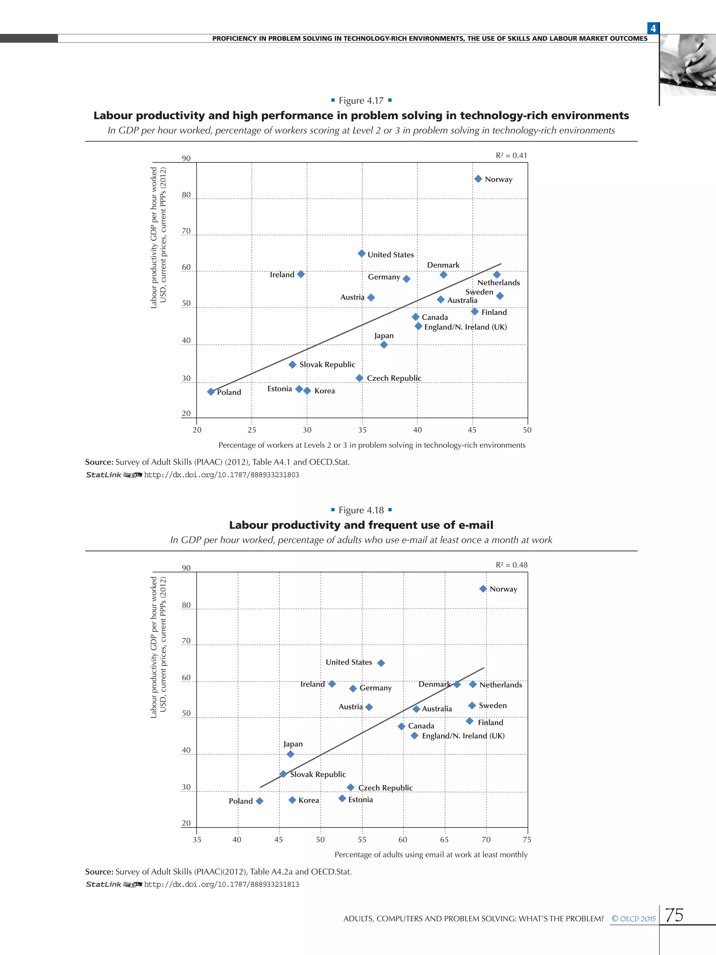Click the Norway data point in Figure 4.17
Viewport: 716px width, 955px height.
[478, 179]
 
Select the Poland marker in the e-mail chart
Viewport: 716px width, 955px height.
[259, 801]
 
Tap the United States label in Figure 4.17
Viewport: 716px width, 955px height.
[391, 255]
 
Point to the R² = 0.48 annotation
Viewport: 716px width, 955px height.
[511, 565]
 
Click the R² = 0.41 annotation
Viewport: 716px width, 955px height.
[511, 155]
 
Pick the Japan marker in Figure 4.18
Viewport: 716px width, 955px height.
[291, 754]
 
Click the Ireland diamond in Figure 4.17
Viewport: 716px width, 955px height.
[301, 274]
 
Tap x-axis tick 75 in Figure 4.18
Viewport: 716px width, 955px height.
[527, 839]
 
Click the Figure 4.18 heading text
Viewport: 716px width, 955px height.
[361, 510]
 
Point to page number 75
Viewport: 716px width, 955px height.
[674, 915]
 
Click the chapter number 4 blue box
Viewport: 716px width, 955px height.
[653, 28]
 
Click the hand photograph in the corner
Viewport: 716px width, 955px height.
[688, 65]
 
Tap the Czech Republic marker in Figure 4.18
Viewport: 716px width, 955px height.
[350, 787]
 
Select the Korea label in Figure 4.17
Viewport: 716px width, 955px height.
[324, 391]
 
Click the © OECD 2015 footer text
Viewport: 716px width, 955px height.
[633, 919]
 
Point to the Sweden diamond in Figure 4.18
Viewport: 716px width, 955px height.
[472, 705]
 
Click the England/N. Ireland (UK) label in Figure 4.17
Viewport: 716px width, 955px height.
[465, 327]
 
